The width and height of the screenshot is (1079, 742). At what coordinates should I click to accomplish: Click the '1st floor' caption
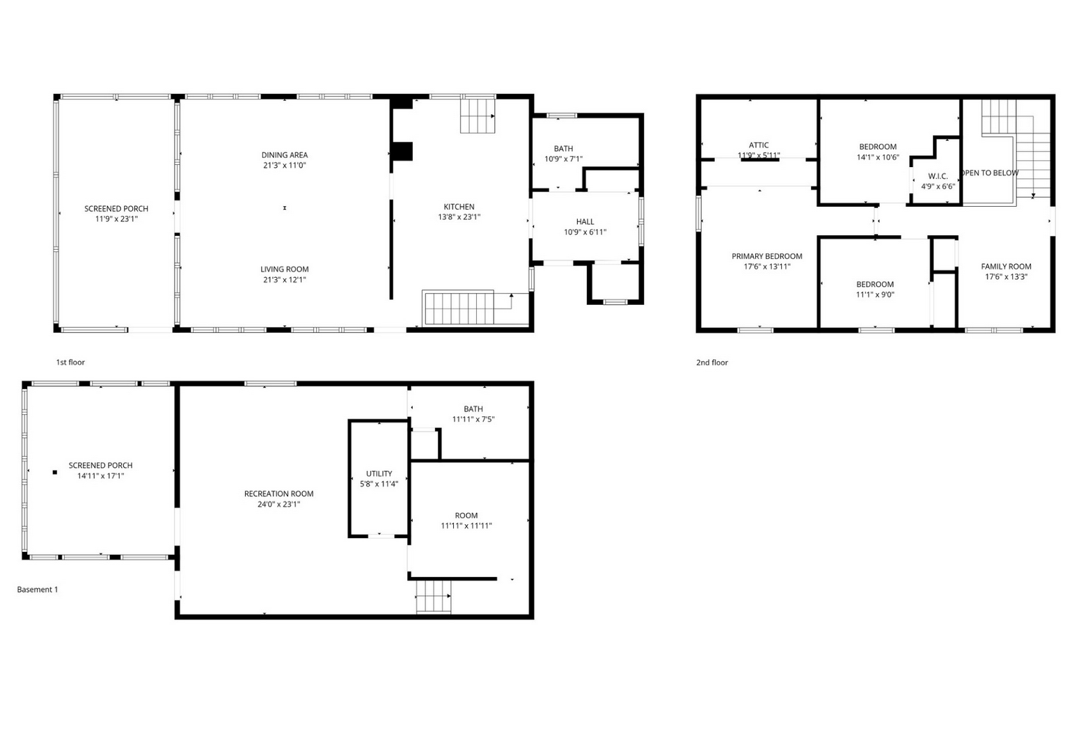click(70, 362)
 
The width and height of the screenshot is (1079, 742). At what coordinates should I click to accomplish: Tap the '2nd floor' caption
click(711, 363)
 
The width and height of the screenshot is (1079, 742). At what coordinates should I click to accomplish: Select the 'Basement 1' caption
click(38, 590)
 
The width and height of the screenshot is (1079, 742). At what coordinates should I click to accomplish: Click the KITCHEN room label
click(459, 207)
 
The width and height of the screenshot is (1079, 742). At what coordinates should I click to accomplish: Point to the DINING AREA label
click(284, 155)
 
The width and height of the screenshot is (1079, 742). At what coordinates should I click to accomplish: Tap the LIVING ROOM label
click(284, 269)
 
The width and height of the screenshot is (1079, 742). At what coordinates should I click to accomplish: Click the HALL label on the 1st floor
click(585, 221)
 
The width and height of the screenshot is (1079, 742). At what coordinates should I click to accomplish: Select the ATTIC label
click(759, 145)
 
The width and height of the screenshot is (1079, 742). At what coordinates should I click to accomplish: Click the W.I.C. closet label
click(938, 176)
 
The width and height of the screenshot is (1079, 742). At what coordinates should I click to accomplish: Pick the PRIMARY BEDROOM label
click(767, 256)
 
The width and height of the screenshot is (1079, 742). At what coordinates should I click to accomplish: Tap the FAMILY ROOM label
click(1006, 267)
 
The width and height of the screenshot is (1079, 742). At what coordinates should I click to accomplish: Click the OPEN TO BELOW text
click(991, 173)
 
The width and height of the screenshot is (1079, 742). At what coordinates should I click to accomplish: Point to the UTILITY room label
click(379, 473)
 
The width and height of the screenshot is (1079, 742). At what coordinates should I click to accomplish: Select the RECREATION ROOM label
click(278, 494)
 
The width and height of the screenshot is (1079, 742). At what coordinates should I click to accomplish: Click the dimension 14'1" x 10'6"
click(878, 157)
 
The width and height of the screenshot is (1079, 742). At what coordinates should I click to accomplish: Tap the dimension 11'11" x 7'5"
click(473, 419)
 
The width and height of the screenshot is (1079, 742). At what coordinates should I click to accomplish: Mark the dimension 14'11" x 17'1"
click(101, 475)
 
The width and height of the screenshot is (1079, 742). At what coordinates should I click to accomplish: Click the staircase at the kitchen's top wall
click(478, 116)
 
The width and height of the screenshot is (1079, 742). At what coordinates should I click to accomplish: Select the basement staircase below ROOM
click(434, 597)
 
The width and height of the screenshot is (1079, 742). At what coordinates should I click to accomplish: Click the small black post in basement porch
click(55, 473)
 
